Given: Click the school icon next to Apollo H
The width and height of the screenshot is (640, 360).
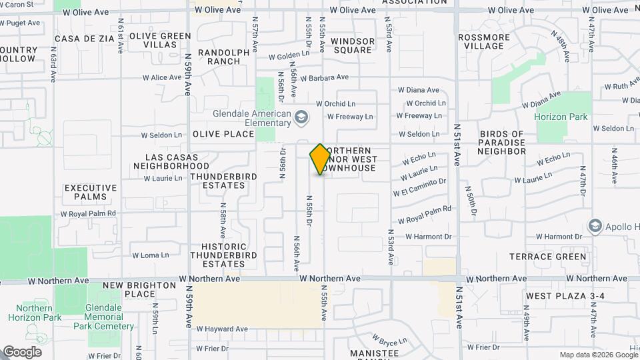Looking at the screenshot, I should pos(595,227).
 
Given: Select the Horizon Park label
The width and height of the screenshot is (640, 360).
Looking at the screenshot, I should pos(561,117).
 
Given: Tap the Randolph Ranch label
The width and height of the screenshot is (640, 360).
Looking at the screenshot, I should pos(214,57).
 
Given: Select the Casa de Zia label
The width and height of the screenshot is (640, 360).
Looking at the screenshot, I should pos(85,39).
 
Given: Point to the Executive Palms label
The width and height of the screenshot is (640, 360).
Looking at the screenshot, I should pos(91,193).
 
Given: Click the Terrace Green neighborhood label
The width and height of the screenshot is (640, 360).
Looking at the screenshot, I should pos(548,257).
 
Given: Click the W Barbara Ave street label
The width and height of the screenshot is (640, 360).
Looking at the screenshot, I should pos(324,77).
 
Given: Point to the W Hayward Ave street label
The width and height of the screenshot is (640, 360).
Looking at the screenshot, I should pos(222,329).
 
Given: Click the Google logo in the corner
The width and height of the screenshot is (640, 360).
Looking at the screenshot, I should pos(22,352).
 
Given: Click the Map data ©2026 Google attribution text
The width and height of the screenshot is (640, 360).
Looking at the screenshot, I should pos(597,355).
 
